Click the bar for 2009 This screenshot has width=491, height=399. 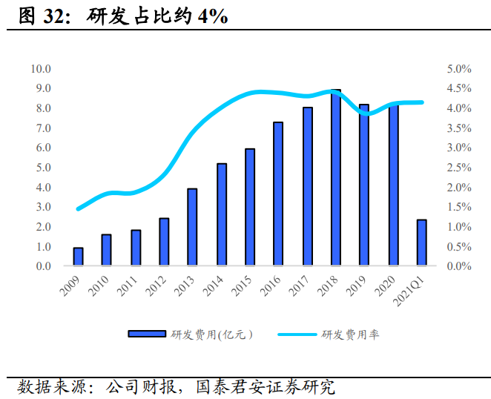point(78,257)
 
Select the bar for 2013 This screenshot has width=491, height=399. point(192,227)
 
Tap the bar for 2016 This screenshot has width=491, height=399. point(278,194)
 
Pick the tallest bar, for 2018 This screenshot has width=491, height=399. point(335,178)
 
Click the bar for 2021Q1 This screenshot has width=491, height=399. point(421,243)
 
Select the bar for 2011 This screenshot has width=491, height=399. point(135,248)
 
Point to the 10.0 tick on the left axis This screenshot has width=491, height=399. point(40,69)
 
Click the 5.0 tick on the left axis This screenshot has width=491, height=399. point(42,168)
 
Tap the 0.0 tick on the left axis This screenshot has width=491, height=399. point(42,266)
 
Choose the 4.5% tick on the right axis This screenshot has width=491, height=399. point(458,89)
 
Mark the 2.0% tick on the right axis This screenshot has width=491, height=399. point(458,188)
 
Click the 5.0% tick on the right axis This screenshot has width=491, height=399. point(458,69)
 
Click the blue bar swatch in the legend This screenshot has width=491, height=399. point(147,334)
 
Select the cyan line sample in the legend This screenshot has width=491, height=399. point(297,334)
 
